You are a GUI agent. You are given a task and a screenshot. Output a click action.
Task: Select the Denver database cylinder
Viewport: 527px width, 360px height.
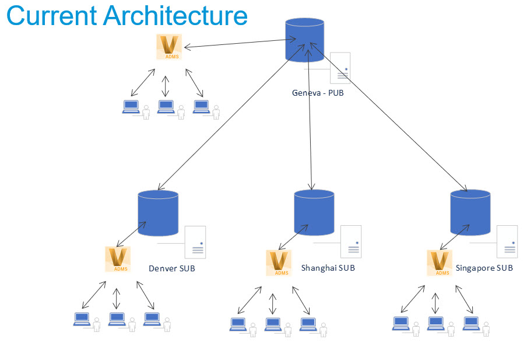tap(158, 213)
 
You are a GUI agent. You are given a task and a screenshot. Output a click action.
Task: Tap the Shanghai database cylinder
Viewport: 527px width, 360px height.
tap(314, 212)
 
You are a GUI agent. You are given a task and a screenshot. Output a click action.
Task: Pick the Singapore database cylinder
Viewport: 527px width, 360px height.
tap(470, 212)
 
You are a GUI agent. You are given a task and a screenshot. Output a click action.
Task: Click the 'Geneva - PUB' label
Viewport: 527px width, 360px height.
tap(318, 92)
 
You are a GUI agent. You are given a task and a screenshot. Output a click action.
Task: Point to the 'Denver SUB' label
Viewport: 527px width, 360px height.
tap(172, 268)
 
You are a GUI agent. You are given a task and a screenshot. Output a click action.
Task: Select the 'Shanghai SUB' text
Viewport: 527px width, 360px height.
tap(328, 268)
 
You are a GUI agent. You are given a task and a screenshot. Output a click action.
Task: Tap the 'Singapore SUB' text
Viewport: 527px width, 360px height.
tap(484, 268)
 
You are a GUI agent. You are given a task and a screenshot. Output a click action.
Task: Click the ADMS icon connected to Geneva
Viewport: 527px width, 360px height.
tap(170, 47)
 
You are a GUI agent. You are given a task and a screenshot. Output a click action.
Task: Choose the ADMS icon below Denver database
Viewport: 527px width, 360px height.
tap(118, 259)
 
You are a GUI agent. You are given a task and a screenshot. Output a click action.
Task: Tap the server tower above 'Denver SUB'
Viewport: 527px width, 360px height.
tap(195, 242)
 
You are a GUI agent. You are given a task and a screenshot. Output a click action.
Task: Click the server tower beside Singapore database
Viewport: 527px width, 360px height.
tap(507, 242)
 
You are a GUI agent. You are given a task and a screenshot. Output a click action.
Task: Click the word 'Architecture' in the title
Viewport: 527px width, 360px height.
tap(175, 16)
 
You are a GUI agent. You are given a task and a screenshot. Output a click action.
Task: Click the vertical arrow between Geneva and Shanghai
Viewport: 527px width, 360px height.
tap(310, 117)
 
